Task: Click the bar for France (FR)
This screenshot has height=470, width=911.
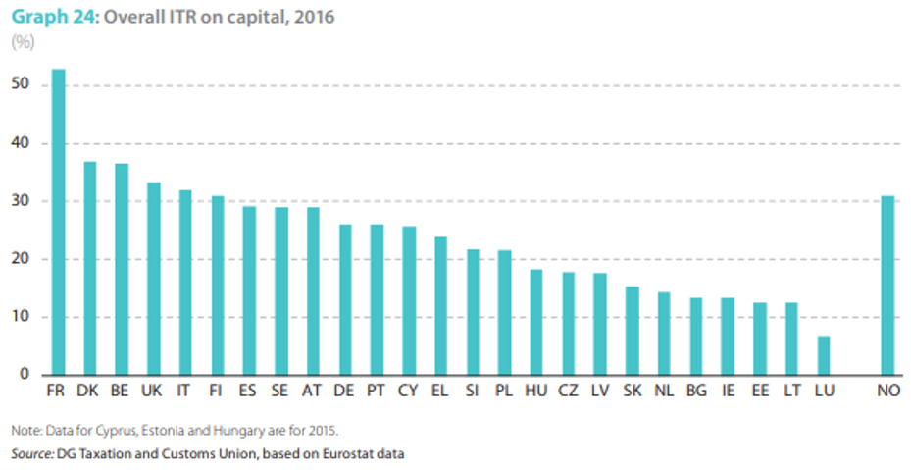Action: click(x=58, y=222)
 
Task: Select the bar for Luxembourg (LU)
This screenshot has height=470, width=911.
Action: click(x=824, y=355)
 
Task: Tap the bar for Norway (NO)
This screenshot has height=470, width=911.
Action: click(x=887, y=286)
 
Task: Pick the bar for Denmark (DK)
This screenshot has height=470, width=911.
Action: click(x=90, y=268)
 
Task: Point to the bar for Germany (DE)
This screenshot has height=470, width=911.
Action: click(x=345, y=299)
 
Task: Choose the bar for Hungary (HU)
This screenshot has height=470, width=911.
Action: click(x=536, y=322)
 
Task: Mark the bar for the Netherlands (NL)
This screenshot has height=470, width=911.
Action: click(x=664, y=334)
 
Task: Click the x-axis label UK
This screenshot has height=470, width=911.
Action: click(x=152, y=391)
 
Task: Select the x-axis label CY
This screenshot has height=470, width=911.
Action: click(x=408, y=391)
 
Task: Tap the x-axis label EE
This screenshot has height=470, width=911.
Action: click(x=760, y=391)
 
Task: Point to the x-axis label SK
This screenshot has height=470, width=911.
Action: click(x=633, y=391)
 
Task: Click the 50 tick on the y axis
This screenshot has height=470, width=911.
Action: click(x=20, y=84)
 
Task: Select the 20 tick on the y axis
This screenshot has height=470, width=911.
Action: click(x=20, y=258)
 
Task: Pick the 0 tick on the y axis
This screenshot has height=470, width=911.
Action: click(x=25, y=374)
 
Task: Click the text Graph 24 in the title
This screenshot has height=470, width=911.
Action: click(x=52, y=17)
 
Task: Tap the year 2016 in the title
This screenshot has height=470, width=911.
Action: click(x=315, y=17)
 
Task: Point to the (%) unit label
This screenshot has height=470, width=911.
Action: click(x=23, y=42)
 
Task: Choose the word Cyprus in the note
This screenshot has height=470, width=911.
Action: click(x=118, y=431)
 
